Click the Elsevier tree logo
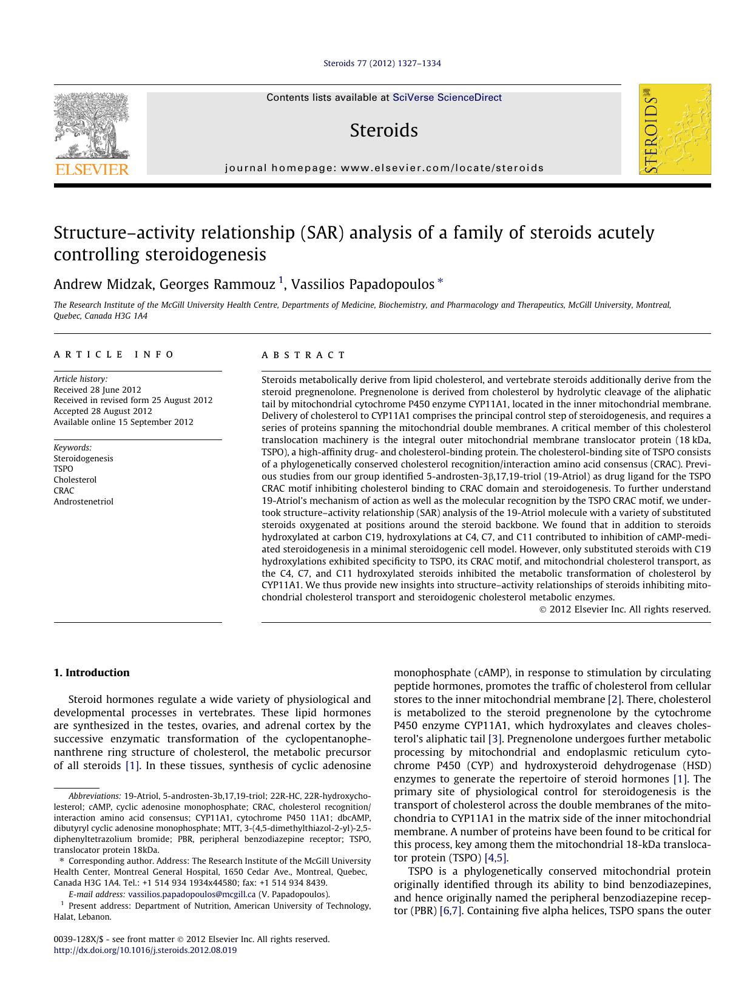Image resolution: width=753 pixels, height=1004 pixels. pos(92,134)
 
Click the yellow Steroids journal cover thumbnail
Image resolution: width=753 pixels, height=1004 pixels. pos(674,129)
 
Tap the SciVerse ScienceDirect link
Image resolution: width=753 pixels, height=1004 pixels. pos(447,97)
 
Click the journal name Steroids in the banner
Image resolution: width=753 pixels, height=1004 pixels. pos(383,130)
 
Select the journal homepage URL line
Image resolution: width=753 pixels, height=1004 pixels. pos(384,168)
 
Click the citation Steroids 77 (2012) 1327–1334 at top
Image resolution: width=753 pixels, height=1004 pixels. pos(382,63)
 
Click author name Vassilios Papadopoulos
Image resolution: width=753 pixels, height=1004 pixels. pos(363,284)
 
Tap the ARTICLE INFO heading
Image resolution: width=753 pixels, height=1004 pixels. pos(114,354)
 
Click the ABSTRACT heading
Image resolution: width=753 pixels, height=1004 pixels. pos(303,355)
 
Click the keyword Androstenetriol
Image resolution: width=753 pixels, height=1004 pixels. pos(83,501)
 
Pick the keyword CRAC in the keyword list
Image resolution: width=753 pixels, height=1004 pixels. pos(64,490)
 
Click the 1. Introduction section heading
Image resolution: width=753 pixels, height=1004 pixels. pos(92,673)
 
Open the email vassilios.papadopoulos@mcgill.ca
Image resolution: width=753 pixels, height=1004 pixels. pos(192,894)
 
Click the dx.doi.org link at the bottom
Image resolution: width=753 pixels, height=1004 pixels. pos(145,951)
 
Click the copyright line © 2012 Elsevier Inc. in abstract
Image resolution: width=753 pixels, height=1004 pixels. pos(624,609)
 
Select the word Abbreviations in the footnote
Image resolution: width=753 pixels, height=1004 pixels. pos(94,796)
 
